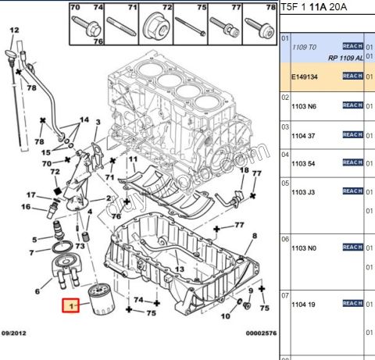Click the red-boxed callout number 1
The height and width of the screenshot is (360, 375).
[x=73, y=306]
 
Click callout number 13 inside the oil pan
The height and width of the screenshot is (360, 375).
[x=179, y=269]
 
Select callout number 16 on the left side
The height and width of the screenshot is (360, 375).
[x=25, y=207]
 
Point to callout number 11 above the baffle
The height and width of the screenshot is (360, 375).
[x=132, y=159]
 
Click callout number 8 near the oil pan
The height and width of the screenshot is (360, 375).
[x=254, y=234]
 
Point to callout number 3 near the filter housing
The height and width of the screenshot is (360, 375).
[x=98, y=123]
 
